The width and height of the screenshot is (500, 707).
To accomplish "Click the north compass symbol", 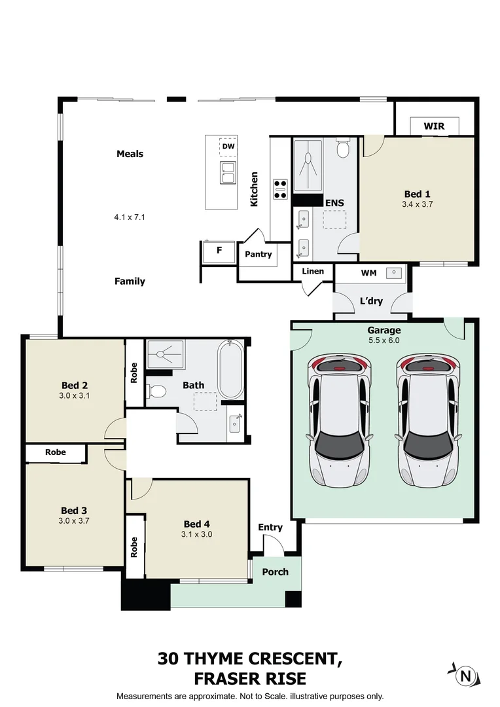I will (465, 675).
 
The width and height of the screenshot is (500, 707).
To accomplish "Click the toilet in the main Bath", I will (155, 391).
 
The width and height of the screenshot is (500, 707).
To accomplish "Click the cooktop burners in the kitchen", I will (280, 189).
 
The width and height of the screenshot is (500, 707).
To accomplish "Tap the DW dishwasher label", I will (228, 147).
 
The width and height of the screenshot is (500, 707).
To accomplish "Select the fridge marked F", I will (219, 249).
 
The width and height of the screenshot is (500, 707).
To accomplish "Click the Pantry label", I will (259, 254).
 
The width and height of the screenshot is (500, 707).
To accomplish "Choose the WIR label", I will (434, 125).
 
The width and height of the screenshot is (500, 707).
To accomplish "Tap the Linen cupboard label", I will (313, 271).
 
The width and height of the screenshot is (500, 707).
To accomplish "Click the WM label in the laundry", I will (369, 272).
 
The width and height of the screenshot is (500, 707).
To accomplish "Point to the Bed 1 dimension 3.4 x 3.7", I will (418, 204).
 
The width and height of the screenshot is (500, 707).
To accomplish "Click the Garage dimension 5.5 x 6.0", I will (384, 340).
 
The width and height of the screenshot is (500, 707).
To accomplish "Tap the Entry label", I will (270, 527).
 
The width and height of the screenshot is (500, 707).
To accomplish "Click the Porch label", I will (276, 571).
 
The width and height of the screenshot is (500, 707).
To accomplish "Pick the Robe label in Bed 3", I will (55, 452).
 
